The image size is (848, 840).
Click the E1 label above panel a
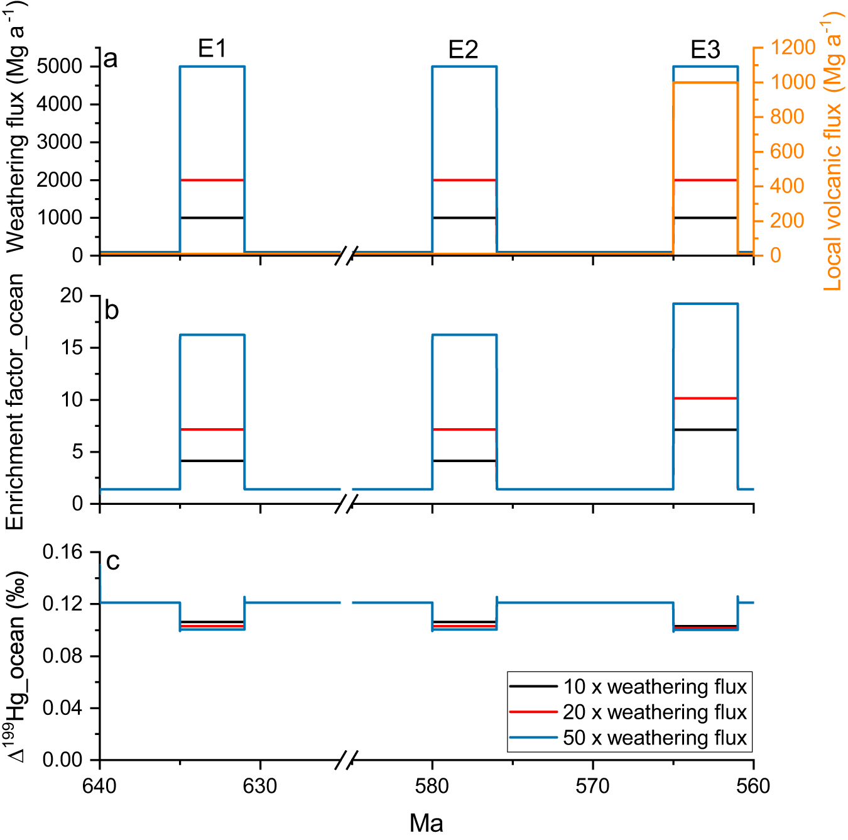[212, 48]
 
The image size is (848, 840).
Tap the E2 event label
[463, 49]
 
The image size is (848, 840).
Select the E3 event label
[705, 50]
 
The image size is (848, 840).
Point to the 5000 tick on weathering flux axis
[59, 66]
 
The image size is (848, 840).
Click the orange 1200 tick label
[793, 47]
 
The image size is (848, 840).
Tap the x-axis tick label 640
[99, 786]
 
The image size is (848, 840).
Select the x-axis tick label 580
[432, 786]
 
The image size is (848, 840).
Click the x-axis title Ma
[426, 822]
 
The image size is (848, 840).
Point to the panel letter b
[111, 311]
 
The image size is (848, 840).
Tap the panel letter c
[112, 561]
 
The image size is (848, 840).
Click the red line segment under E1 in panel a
[212, 180]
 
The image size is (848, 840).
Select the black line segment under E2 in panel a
[464, 218]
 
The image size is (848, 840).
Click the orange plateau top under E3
[705, 82]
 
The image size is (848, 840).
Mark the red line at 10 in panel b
[705, 398]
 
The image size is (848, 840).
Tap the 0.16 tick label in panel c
[62, 552]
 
